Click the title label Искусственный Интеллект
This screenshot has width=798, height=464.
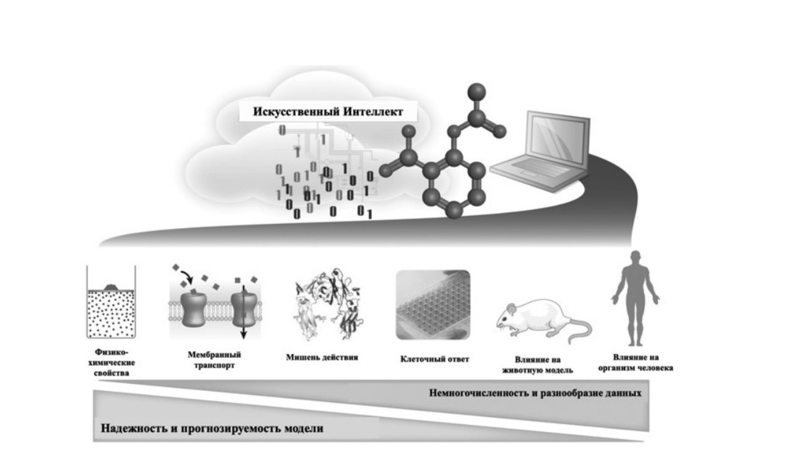pos(328,112)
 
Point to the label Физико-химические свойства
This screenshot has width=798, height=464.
pos(112,363)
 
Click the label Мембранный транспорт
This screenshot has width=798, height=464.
pos(214,360)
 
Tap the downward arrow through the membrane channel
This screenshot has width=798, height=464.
pos(244,312)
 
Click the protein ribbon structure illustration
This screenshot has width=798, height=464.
pos(328,304)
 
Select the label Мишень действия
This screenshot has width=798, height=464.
pos(322,357)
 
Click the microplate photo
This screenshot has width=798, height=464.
pos(433,305)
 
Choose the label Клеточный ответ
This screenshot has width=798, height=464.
pos(435,359)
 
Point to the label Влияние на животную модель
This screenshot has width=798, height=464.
pos(537,365)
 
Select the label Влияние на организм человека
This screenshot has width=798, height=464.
pos(636,363)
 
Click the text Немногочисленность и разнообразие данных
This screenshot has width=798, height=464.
pos(535,393)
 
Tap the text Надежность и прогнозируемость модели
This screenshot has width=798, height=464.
pos(212,428)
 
